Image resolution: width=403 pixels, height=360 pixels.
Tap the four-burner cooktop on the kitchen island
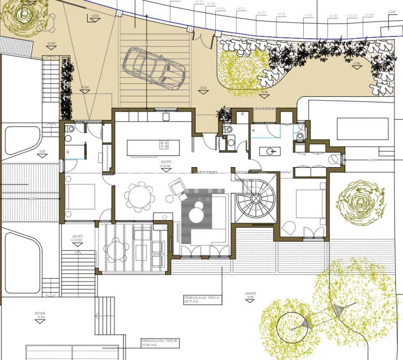coord(164,145)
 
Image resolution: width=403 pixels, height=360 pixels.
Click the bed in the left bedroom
coord(80,196)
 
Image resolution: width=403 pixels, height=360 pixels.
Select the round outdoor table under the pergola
coord(116,250)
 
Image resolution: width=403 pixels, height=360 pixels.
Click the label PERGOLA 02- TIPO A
coord(199,298)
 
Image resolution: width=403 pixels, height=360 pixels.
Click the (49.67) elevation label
coord(250,294)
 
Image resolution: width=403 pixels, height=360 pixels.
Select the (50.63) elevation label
coord(40,313)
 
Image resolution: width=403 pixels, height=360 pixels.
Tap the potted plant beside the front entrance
coord(224,115)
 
